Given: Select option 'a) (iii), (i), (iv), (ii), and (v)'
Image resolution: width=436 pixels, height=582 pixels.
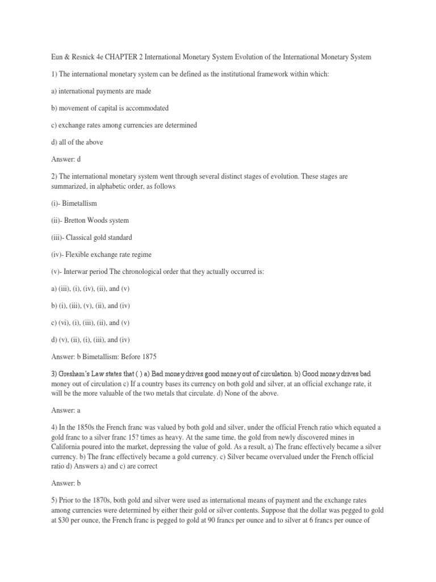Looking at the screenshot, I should (x=90, y=289).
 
